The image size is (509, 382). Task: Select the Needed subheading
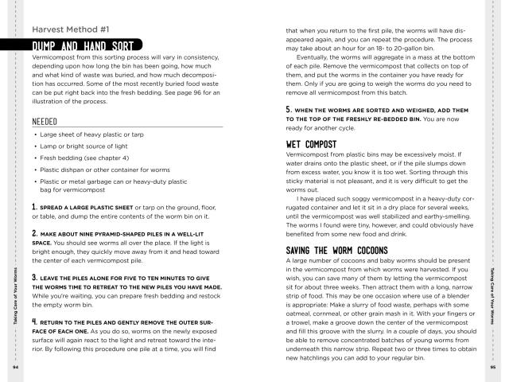pos(47,122)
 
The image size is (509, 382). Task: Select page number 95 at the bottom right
pos(492,368)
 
